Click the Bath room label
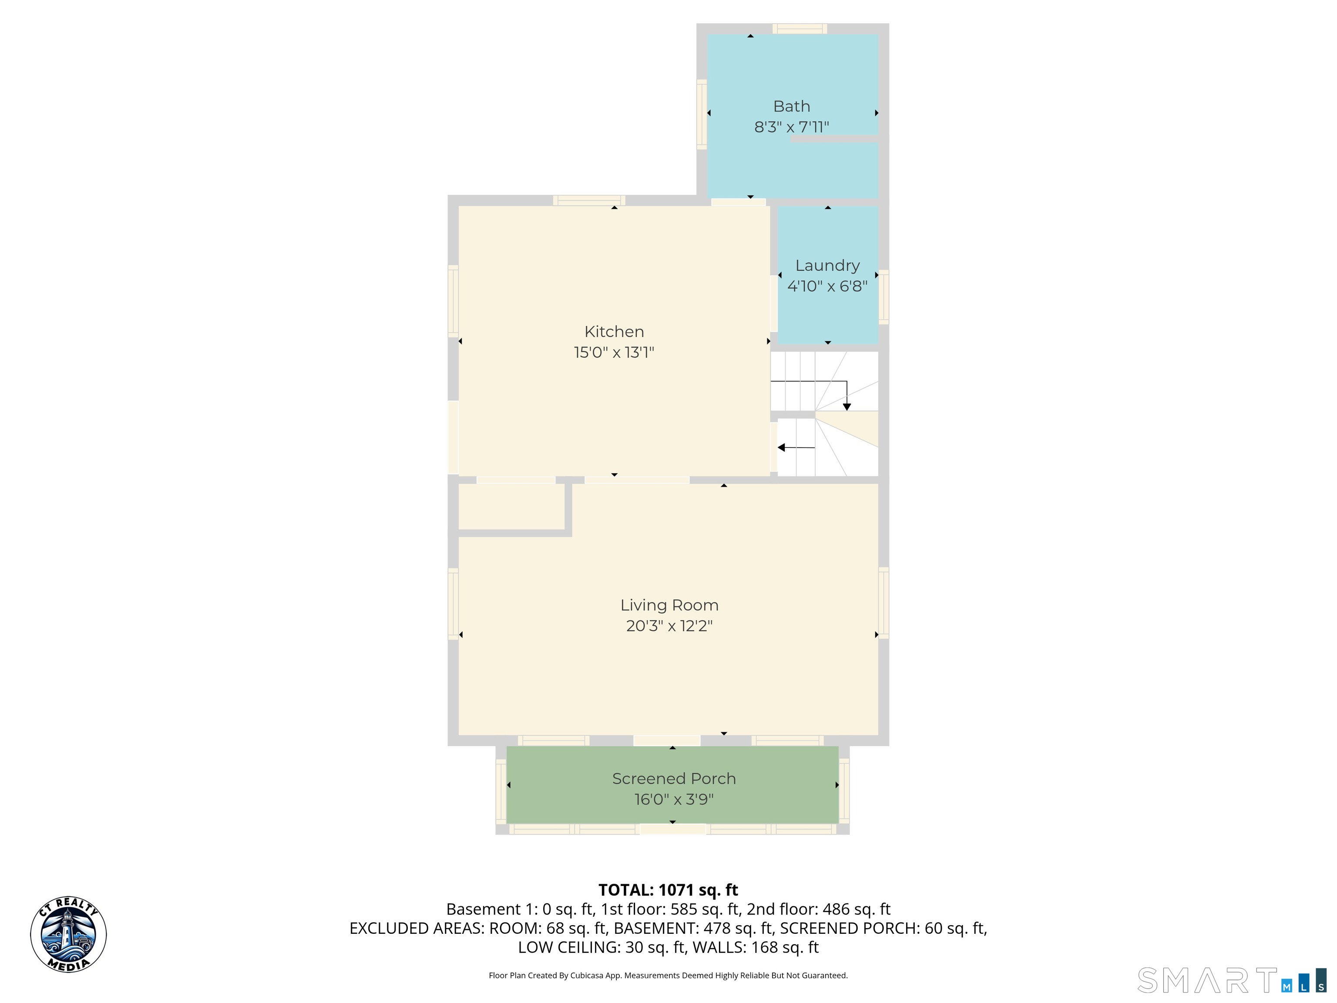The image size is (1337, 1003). click(x=791, y=106)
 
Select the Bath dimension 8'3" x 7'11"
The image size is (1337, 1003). click(x=791, y=127)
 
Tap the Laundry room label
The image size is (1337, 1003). click(x=827, y=266)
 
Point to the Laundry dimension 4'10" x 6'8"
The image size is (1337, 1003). click(x=827, y=286)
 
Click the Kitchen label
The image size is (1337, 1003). click(x=614, y=331)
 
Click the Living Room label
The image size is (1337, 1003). click(x=669, y=605)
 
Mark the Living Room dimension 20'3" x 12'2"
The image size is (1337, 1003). click(x=669, y=626)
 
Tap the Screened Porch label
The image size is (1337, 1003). click(x=673, y=779)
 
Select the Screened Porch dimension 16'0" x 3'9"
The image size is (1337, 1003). click(x=673, y=799)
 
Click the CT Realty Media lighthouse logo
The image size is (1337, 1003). click(x=68, y=935)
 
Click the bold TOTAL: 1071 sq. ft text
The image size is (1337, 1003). click(x=668, y=890)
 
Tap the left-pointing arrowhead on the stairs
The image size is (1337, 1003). click(x=781, y=448)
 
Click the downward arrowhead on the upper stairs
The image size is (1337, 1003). click(x=847, y=407)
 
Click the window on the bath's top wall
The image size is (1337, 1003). click(x=799, y=28)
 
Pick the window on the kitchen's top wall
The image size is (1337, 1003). click(x=589, y=201)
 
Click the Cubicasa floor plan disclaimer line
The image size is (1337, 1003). click(x=668, y=975)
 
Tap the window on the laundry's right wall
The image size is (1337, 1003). click(x=883, y=297)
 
